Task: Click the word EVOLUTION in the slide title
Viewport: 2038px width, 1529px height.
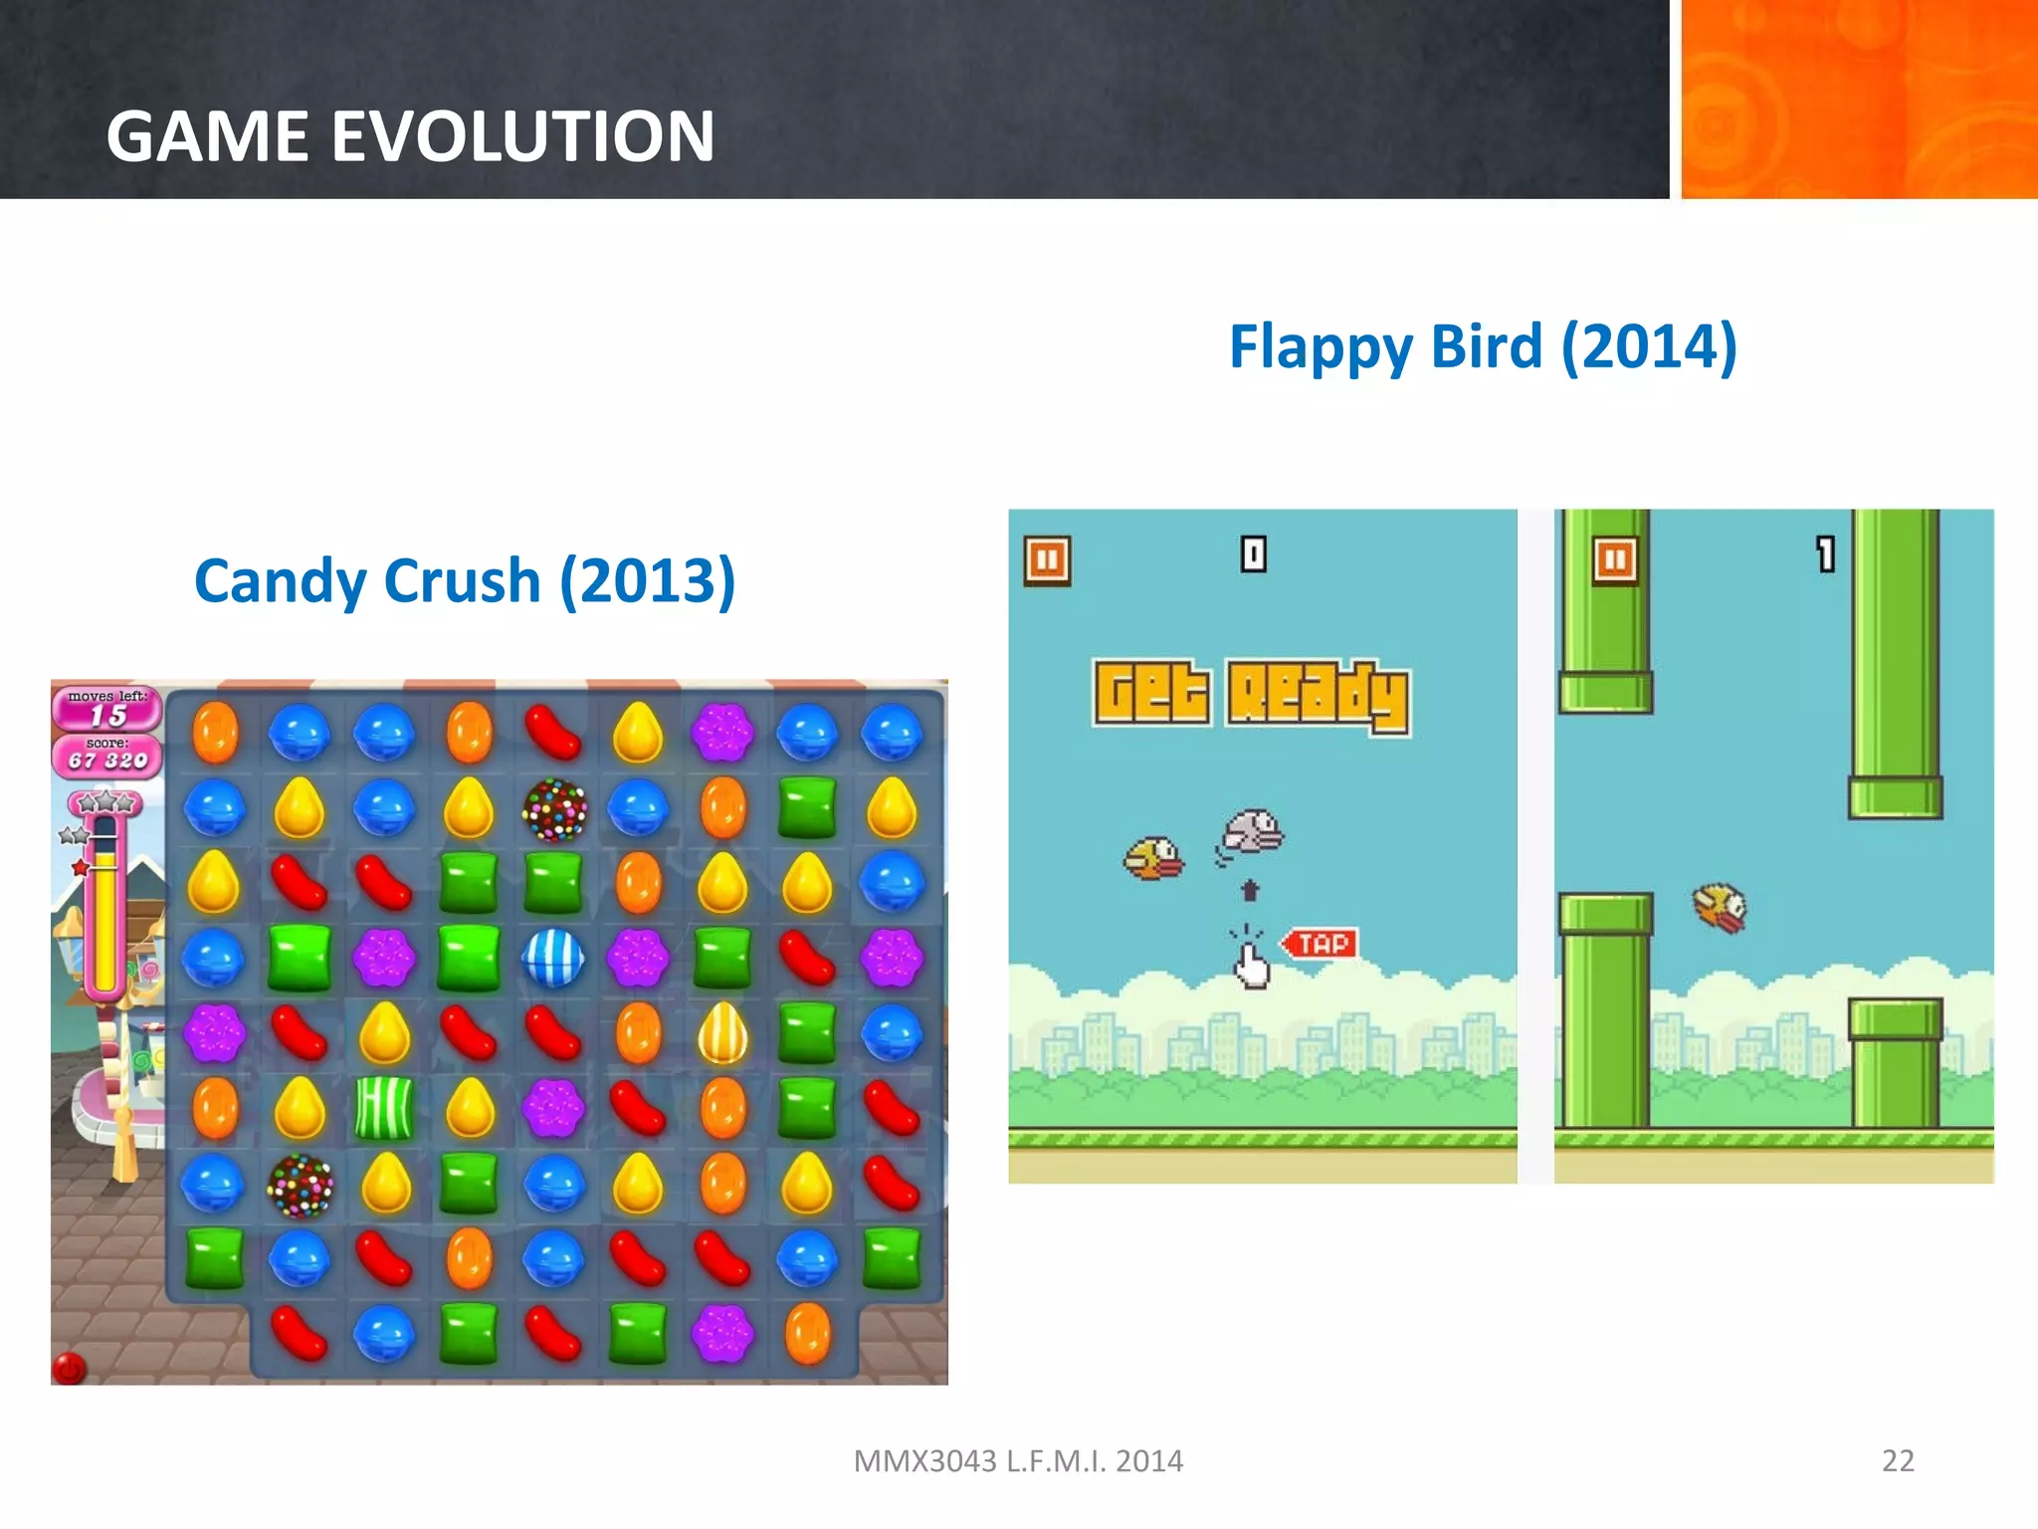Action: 522,136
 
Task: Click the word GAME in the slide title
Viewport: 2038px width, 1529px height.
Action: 209,136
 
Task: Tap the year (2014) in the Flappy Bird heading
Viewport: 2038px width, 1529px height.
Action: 1649,346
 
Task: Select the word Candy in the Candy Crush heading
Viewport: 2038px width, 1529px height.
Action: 281,581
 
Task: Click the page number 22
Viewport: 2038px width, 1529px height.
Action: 1898,1460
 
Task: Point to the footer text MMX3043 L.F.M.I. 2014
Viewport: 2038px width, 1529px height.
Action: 1018,1460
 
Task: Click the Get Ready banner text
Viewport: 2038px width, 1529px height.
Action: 1251,695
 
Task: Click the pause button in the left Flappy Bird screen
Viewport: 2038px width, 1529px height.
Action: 1047,560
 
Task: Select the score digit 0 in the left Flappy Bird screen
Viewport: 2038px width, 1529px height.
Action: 1253,553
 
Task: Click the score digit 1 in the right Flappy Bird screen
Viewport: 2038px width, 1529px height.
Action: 1825,553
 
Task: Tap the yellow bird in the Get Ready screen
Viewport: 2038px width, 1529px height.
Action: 1153,857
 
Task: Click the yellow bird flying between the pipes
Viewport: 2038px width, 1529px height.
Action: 1721,907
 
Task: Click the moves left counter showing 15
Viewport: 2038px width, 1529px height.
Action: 107,715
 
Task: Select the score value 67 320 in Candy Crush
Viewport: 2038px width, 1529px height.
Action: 107,761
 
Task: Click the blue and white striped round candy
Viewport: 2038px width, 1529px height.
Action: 553,958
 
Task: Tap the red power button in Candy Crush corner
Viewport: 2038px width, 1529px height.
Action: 69,1369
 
